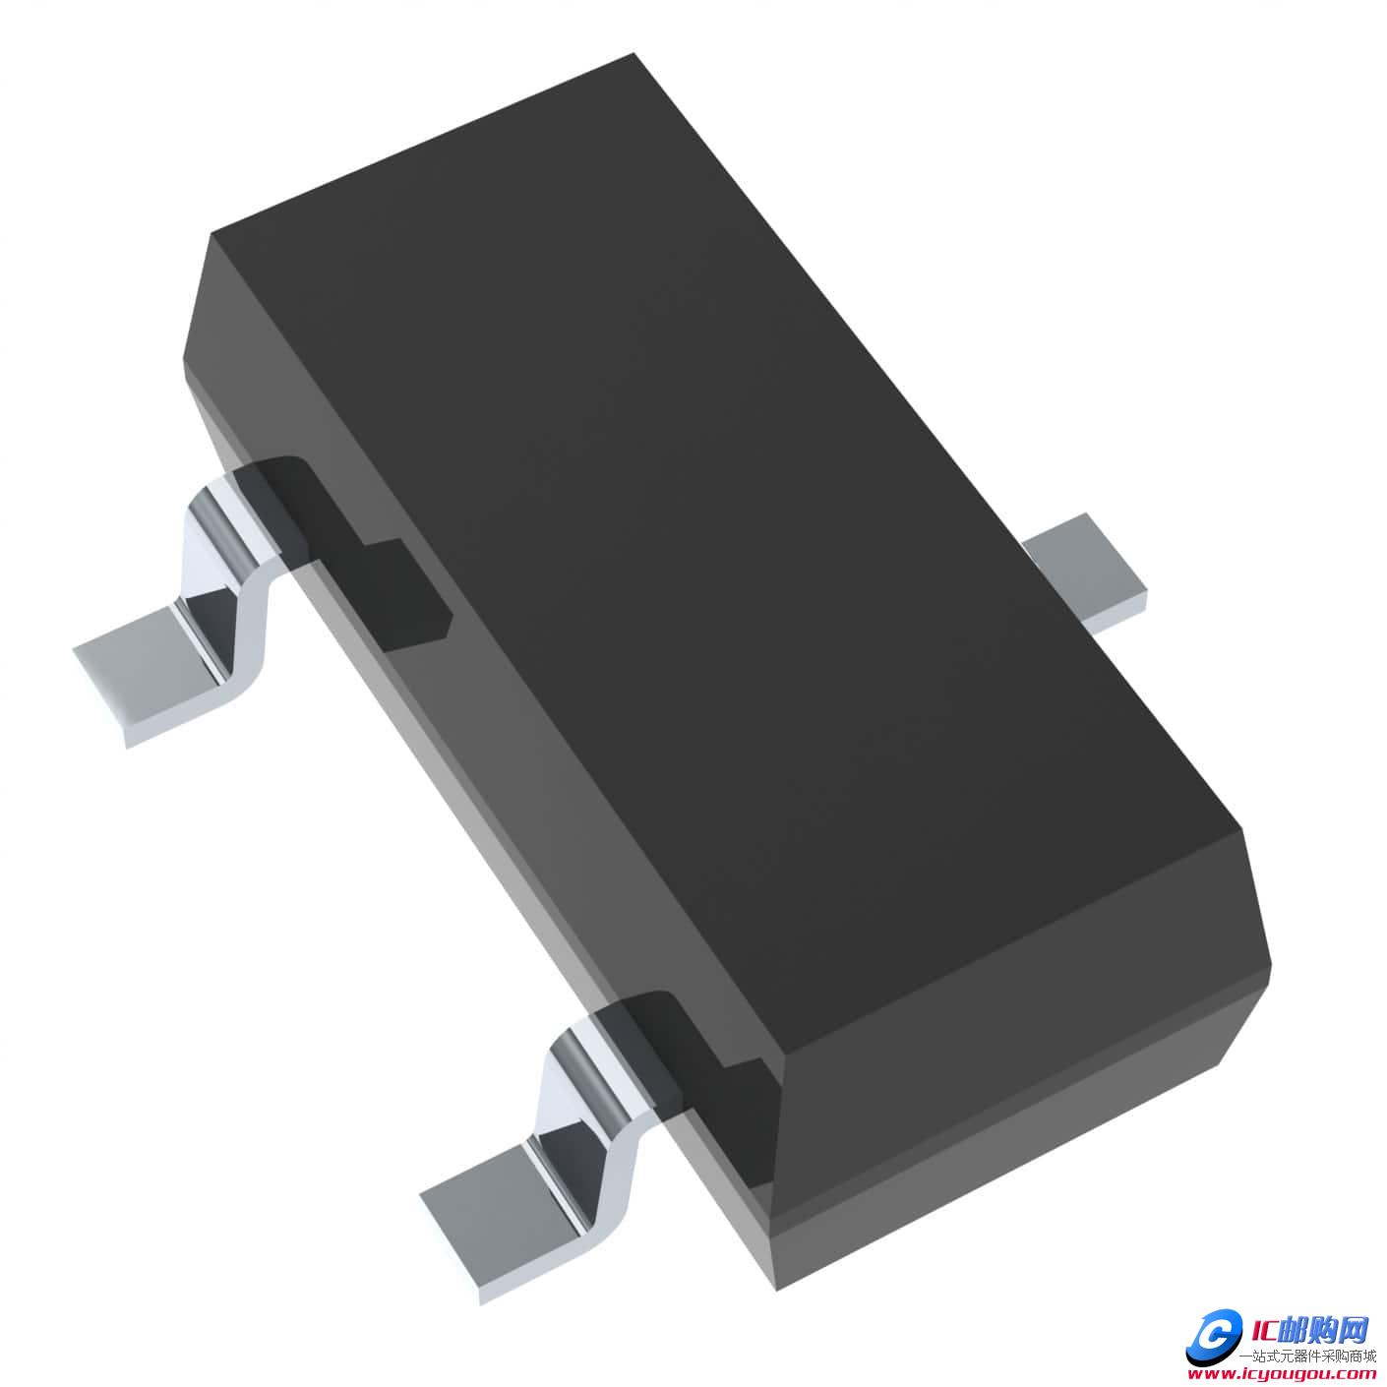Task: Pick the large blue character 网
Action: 1356,1330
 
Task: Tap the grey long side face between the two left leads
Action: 512,787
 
